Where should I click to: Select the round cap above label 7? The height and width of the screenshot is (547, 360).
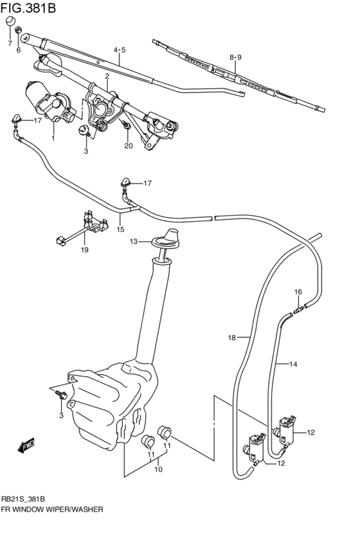pyautogui.click(x=10, y=23)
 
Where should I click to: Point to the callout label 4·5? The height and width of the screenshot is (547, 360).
pyautogui.click(x=120, y=50)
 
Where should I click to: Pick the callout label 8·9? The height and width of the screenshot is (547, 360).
pyautogui.click(x=235, y=57)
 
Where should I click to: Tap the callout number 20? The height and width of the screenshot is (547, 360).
pyautogui.click(x=128, y=145)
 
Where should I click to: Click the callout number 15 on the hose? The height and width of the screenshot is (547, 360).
pyautogui.click(x=120, y=228)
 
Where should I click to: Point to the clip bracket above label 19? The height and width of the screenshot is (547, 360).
pyautogui.click(x=90, y=225)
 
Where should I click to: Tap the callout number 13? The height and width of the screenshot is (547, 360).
pyautogui.click(x=133, y=242)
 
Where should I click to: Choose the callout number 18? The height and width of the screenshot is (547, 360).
pyautogui.click(x=231, y=337)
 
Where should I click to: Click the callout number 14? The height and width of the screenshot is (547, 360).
pyautogui.click(x=293, y=364)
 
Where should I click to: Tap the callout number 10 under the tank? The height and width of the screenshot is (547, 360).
pyautogui.click(x=158, y=469)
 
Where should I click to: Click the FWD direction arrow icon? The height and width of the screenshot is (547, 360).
pyautogui.click(x=27, y=445)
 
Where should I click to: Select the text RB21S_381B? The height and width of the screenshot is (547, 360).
pyautogui.click(x=27, y=498)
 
